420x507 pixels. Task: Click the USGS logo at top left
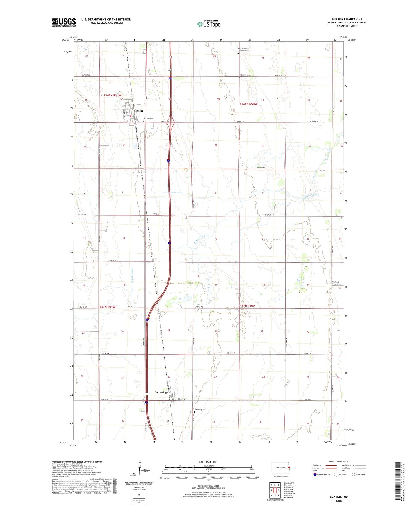pyautogui.click(x=64, y=22)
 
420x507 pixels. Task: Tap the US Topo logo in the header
pyautogui.click(x=209, y=24)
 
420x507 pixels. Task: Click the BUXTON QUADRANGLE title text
pyautogui.click(x=347, y=19)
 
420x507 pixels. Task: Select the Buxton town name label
pyautogui.click(x=138, y=111)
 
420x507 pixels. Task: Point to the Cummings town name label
pyautogui.click(x=161, y=392)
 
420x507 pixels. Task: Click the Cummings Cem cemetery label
pyautogui.click(x=200, y=409)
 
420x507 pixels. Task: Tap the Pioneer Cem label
pyautogui.click(x=245, y=75)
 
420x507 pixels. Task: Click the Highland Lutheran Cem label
pyautogui.click(x=335, y=283)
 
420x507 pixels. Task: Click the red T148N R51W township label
pyautogui.click(x=112, y=95)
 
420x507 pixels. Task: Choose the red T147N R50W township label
pyautogui.click(x=247, y=306)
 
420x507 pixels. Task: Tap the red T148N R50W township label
pyautogui.click(x=248, y=104)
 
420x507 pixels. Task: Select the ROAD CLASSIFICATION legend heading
pyautogui.click(x=339, y=461)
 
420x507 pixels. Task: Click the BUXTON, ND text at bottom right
pyautogui.click(x=339, y=497)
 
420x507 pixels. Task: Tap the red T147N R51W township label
pyautogui.click(x=106, y=307)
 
